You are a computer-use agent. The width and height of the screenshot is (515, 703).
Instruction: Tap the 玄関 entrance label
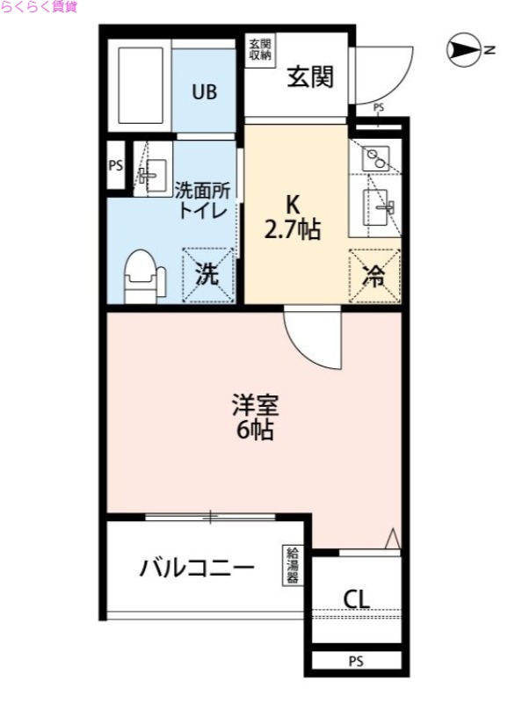(310, 77)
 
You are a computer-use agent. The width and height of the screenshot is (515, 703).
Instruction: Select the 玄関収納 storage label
(259, 49)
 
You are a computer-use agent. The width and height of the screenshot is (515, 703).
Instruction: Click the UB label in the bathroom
(205, 91)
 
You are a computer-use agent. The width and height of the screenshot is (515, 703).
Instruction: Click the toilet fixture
(142, 273)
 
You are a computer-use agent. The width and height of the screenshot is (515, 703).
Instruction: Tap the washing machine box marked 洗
(207, 275)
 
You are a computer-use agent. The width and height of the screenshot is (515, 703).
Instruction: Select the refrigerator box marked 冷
(374, 276)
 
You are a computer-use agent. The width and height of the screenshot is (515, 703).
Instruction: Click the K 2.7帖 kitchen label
(292, 221)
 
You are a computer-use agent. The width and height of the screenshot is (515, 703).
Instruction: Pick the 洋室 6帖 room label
(255, 417)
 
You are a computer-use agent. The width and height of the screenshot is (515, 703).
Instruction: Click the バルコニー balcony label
(198, 568)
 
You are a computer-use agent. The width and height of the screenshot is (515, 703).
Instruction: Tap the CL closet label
(356, 599)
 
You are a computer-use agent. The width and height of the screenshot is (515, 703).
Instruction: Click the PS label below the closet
(355, 661)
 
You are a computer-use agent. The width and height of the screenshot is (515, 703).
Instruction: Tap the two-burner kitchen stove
(375, 159)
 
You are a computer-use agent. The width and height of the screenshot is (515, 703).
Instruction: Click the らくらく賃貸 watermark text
(39, 7)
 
